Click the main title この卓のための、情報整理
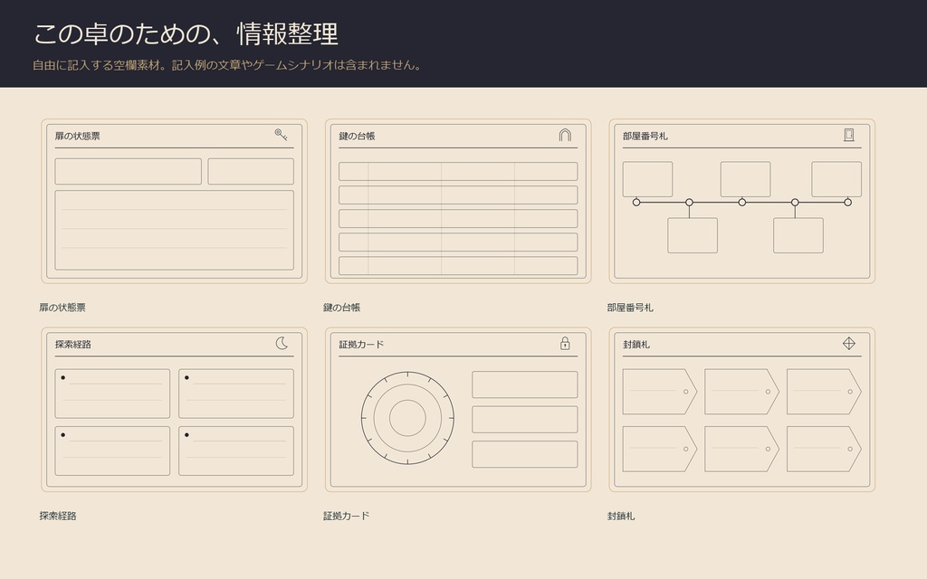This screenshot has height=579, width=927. point(186,33)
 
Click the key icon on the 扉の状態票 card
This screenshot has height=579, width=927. point(281,135)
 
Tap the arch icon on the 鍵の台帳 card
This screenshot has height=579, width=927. point(565,135)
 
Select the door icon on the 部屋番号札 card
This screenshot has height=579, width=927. point(849,135)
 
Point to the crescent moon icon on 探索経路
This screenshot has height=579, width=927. point(282,343)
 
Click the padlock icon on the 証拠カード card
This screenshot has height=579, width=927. point(565,343)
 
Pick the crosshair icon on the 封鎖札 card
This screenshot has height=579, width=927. point(849,343)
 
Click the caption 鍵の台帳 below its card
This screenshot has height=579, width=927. point(341,308)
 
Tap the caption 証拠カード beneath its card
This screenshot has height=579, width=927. point(347,516)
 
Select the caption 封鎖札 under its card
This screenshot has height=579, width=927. point(621,516)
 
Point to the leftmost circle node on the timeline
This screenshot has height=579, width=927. point(636,202)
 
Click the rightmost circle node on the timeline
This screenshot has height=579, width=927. point(847,202)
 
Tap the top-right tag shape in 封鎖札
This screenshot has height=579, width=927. point(824,392)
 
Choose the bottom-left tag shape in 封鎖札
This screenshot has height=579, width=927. point(660,449)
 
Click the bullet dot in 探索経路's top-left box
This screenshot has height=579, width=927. point(63,377)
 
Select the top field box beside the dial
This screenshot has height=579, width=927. point(525,384)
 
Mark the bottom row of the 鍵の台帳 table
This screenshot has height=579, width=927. point(458,266)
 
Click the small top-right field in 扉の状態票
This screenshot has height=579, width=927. point(251,171)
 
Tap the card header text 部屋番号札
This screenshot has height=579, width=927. point(645,136)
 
